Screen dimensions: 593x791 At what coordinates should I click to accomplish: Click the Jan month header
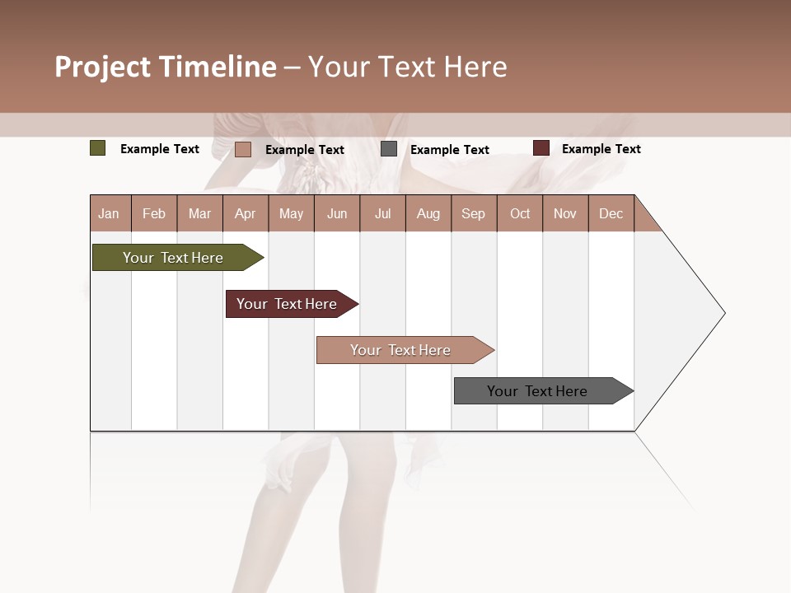point(110,213)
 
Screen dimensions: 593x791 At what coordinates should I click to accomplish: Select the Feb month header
point(154,213)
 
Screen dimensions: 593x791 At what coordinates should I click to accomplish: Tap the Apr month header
point(245,213)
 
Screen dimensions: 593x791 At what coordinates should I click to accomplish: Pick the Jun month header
point(337,213)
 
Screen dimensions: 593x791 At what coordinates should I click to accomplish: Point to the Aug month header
point(428,213)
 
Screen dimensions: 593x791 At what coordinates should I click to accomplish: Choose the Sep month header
point(473,213)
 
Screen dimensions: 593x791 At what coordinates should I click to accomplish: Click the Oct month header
point(520,213)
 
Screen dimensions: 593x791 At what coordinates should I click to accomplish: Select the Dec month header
point(611,213)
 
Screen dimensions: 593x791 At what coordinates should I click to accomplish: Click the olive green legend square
point(98,148)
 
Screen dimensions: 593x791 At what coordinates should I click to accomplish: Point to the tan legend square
point(243,149)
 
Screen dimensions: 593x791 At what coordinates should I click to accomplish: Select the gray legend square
point(389,149)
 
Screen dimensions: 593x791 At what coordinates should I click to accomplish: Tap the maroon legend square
point(541,148)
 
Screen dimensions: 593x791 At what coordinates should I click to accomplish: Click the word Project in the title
point(103,67)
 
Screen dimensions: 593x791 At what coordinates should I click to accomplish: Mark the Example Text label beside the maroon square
point(601,149)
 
